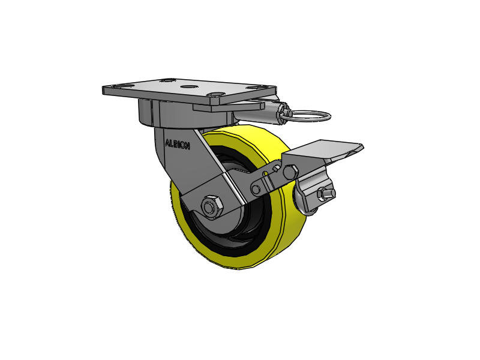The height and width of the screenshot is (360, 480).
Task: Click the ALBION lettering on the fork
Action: click(x=177, y=144)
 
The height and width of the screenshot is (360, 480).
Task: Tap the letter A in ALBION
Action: click(x=167, y=142)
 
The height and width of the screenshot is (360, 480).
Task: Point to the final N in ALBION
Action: click(x=187, y=146)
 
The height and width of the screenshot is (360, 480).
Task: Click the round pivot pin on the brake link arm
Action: click(x=257, y=190)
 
